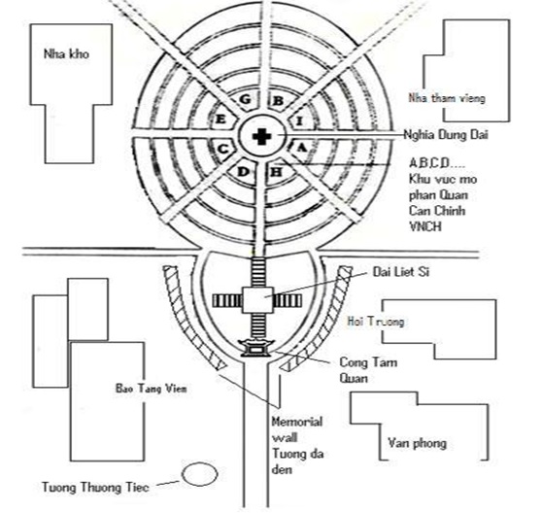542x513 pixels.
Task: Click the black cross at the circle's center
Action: (x=261, y=137)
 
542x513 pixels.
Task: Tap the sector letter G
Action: (x=245, y=99)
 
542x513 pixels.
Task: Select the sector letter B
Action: (x=278, y=101)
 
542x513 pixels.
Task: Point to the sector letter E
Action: (x=220, y=120)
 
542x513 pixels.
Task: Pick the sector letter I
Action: (x=300, y=121)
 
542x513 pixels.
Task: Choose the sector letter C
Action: (x=223, y=150)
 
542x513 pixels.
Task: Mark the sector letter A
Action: (x=301, y=148)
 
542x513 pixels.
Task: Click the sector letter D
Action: (x=244, y=171)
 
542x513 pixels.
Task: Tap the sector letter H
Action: (x=276, y=171)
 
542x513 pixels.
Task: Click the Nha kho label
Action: (x=66, y=54)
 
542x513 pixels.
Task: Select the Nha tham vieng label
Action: (x=447, y=98)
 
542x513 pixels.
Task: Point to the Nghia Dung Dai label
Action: (x=446, y=134)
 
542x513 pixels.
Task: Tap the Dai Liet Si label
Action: (x=401, y=272)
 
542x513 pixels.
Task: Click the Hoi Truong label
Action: (x=376, y=322)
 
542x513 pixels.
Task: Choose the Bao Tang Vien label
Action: (x=152, y=389)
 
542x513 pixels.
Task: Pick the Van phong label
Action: (x=418, y=443)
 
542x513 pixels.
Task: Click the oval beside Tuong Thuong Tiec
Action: (x=200, y=474)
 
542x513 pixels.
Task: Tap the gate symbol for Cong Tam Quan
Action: (x=256, y=348)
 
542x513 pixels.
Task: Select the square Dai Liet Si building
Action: (x=258, y=300)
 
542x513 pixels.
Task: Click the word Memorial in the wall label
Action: (x=297, y=422)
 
